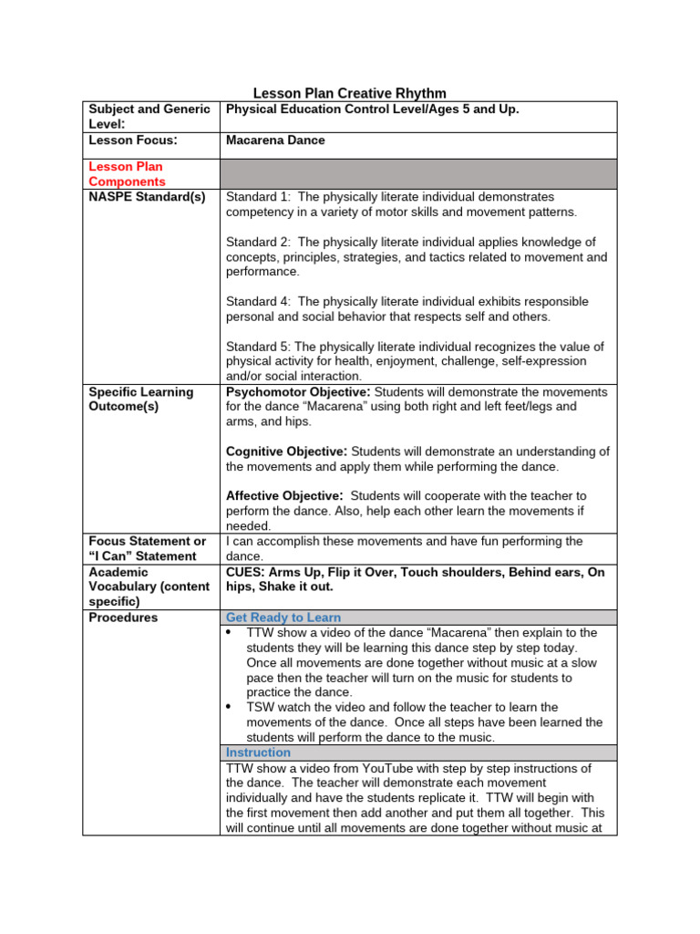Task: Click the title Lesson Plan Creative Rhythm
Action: [x=349, y=93]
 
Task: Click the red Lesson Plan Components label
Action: [x=127, y=174]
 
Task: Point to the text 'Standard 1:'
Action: [x=258, y=197]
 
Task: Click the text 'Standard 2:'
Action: [x=258, y=242]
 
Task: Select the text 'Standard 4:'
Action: [x=258, y=301]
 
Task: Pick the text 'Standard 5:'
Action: [x=258, y=347]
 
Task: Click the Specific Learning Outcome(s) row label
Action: [x=140, y=400]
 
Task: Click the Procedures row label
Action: [x=123, y=617]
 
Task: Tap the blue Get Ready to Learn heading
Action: [x=284, y=617]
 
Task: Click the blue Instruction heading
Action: [x=258, y=752]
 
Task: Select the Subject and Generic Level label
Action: [x=149, y=116]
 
